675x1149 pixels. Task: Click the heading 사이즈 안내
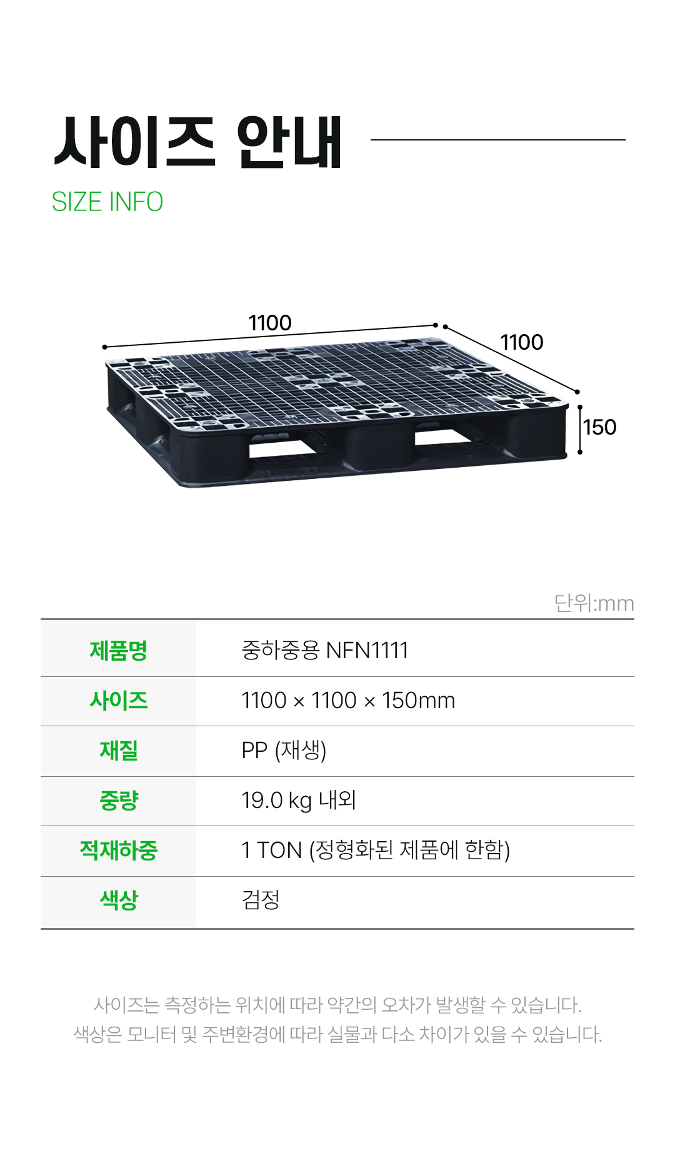[198, 142]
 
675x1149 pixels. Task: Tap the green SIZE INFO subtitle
[107, 202]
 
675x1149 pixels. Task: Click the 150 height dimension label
[599, 427]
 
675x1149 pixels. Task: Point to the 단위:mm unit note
[594, 603]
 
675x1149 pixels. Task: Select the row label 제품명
[118, 651]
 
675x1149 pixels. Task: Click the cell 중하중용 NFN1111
[324, 651]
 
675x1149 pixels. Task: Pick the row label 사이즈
[118, 701]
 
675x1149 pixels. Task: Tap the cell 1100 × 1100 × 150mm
[348, 701]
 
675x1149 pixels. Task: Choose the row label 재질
[118, 751]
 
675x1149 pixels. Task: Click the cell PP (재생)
[284, 751]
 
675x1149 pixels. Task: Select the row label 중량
[118, 801]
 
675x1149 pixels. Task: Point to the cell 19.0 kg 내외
[299, 801]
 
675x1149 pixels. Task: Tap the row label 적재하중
[118, 851]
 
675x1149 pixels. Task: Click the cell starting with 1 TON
[376, 851]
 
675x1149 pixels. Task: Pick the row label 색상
[118, 900]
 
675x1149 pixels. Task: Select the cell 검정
[261, 900]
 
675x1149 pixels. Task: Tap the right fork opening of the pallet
[442, 437]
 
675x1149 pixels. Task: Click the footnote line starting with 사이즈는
[337, 1005]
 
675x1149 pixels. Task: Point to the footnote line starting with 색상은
[337, 1035]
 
